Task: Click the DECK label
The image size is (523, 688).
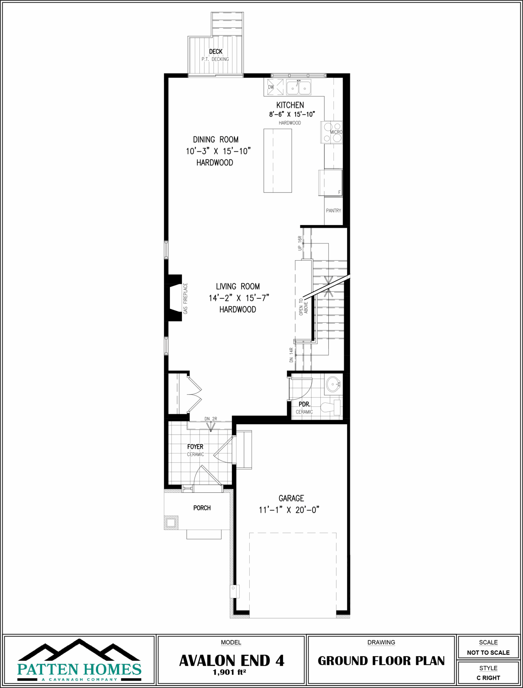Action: pos(216,51)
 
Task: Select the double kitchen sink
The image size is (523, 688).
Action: pos(299,88)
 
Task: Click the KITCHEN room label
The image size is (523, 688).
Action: pos(290,105)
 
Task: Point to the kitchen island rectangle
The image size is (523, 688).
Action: pos(277,161)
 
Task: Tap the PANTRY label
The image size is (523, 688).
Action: pos(334,211)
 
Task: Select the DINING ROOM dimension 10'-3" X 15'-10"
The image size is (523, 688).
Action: pos(218,151)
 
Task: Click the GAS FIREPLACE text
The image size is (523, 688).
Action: pos(185,298)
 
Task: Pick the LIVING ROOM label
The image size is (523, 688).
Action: pos(238,287)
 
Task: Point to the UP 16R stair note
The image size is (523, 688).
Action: pos(300,243)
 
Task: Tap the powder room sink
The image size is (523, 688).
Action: pos(333,384)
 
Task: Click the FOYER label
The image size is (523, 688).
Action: pos(195,446)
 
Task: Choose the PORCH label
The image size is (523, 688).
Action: pos(202,508)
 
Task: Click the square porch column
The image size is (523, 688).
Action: pos(171,523)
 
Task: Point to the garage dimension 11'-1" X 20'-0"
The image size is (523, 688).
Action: pos(289,510)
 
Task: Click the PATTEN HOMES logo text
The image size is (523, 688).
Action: pos(79,669)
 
